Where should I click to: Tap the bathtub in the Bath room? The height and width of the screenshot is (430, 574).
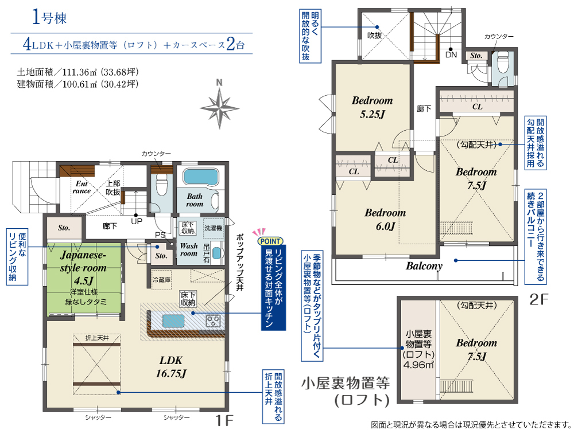point(200,177)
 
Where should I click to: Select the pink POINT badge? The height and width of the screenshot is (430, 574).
point(270,241)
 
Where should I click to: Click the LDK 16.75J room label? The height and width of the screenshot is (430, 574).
point(171,367)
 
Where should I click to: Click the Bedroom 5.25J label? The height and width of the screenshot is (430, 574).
point(373,107)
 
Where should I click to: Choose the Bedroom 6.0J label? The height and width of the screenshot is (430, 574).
point(385,220)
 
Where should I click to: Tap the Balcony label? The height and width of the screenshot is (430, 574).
point(424,266)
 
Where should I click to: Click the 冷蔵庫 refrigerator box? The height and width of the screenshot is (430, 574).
point(161,280)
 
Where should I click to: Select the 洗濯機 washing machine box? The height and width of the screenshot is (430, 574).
point(213,228)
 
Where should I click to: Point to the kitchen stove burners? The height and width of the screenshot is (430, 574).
point(213,320)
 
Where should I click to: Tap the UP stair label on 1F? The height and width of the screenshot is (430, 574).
point(137,221)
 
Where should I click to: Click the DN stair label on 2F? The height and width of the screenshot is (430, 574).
point(451,55)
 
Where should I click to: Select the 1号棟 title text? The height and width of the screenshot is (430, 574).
point(49,17)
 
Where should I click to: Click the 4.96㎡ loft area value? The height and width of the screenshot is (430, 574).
point(418,365)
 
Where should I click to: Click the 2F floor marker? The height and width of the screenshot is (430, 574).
point(539,299)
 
